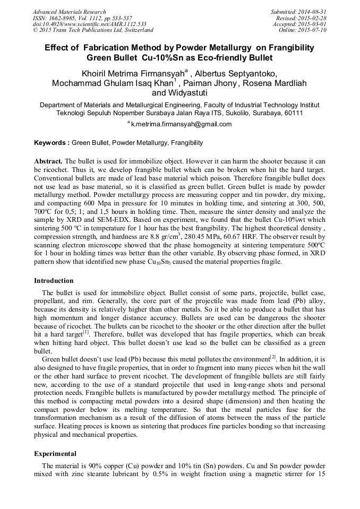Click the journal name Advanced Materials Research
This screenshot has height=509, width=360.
69,12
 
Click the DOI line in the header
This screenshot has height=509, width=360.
89,24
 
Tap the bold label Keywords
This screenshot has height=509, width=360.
50,143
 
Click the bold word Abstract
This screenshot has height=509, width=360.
48,161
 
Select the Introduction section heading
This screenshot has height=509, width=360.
54,281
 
